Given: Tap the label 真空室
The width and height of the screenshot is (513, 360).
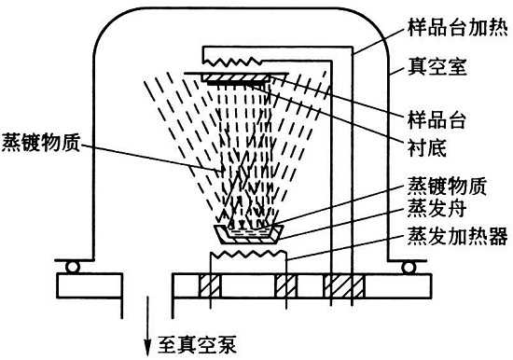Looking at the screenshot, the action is (x=437, y=66).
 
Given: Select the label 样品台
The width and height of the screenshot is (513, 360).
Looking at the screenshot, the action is (x=437, y=119).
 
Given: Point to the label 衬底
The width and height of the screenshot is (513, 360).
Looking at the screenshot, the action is (x=427, y=147).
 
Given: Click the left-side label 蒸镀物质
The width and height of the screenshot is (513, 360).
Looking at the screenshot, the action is (x=40, y=143).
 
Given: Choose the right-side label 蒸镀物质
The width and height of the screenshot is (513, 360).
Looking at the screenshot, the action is (x=447, y=186).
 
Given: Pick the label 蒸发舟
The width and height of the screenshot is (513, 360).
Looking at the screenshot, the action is (x=437, y=209).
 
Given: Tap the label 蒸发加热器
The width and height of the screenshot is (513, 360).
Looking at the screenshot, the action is (x=458, y=236).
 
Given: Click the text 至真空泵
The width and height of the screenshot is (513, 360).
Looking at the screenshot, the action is (x=197, y=345).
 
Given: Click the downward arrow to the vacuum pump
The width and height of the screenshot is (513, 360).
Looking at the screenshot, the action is (x=148, y=326).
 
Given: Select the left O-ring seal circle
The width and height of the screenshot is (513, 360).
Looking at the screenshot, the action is (x=73, y=267).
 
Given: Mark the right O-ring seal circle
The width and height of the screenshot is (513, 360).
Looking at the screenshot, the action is (x=408, y=267).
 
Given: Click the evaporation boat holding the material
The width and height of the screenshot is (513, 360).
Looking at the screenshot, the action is (x=248, y=234).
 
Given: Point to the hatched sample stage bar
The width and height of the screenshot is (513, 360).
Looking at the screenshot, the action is (x=236, y=78).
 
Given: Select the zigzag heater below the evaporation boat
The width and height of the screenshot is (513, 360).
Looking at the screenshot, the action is (x=248, y=254).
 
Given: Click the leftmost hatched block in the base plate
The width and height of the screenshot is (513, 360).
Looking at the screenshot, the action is (x=210, y=286).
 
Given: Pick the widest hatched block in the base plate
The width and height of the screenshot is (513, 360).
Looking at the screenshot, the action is (x=344, y=286).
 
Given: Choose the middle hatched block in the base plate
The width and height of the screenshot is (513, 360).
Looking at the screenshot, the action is (x=285, y=286).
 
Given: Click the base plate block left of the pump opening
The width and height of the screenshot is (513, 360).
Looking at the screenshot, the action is (x=90, y=285).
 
